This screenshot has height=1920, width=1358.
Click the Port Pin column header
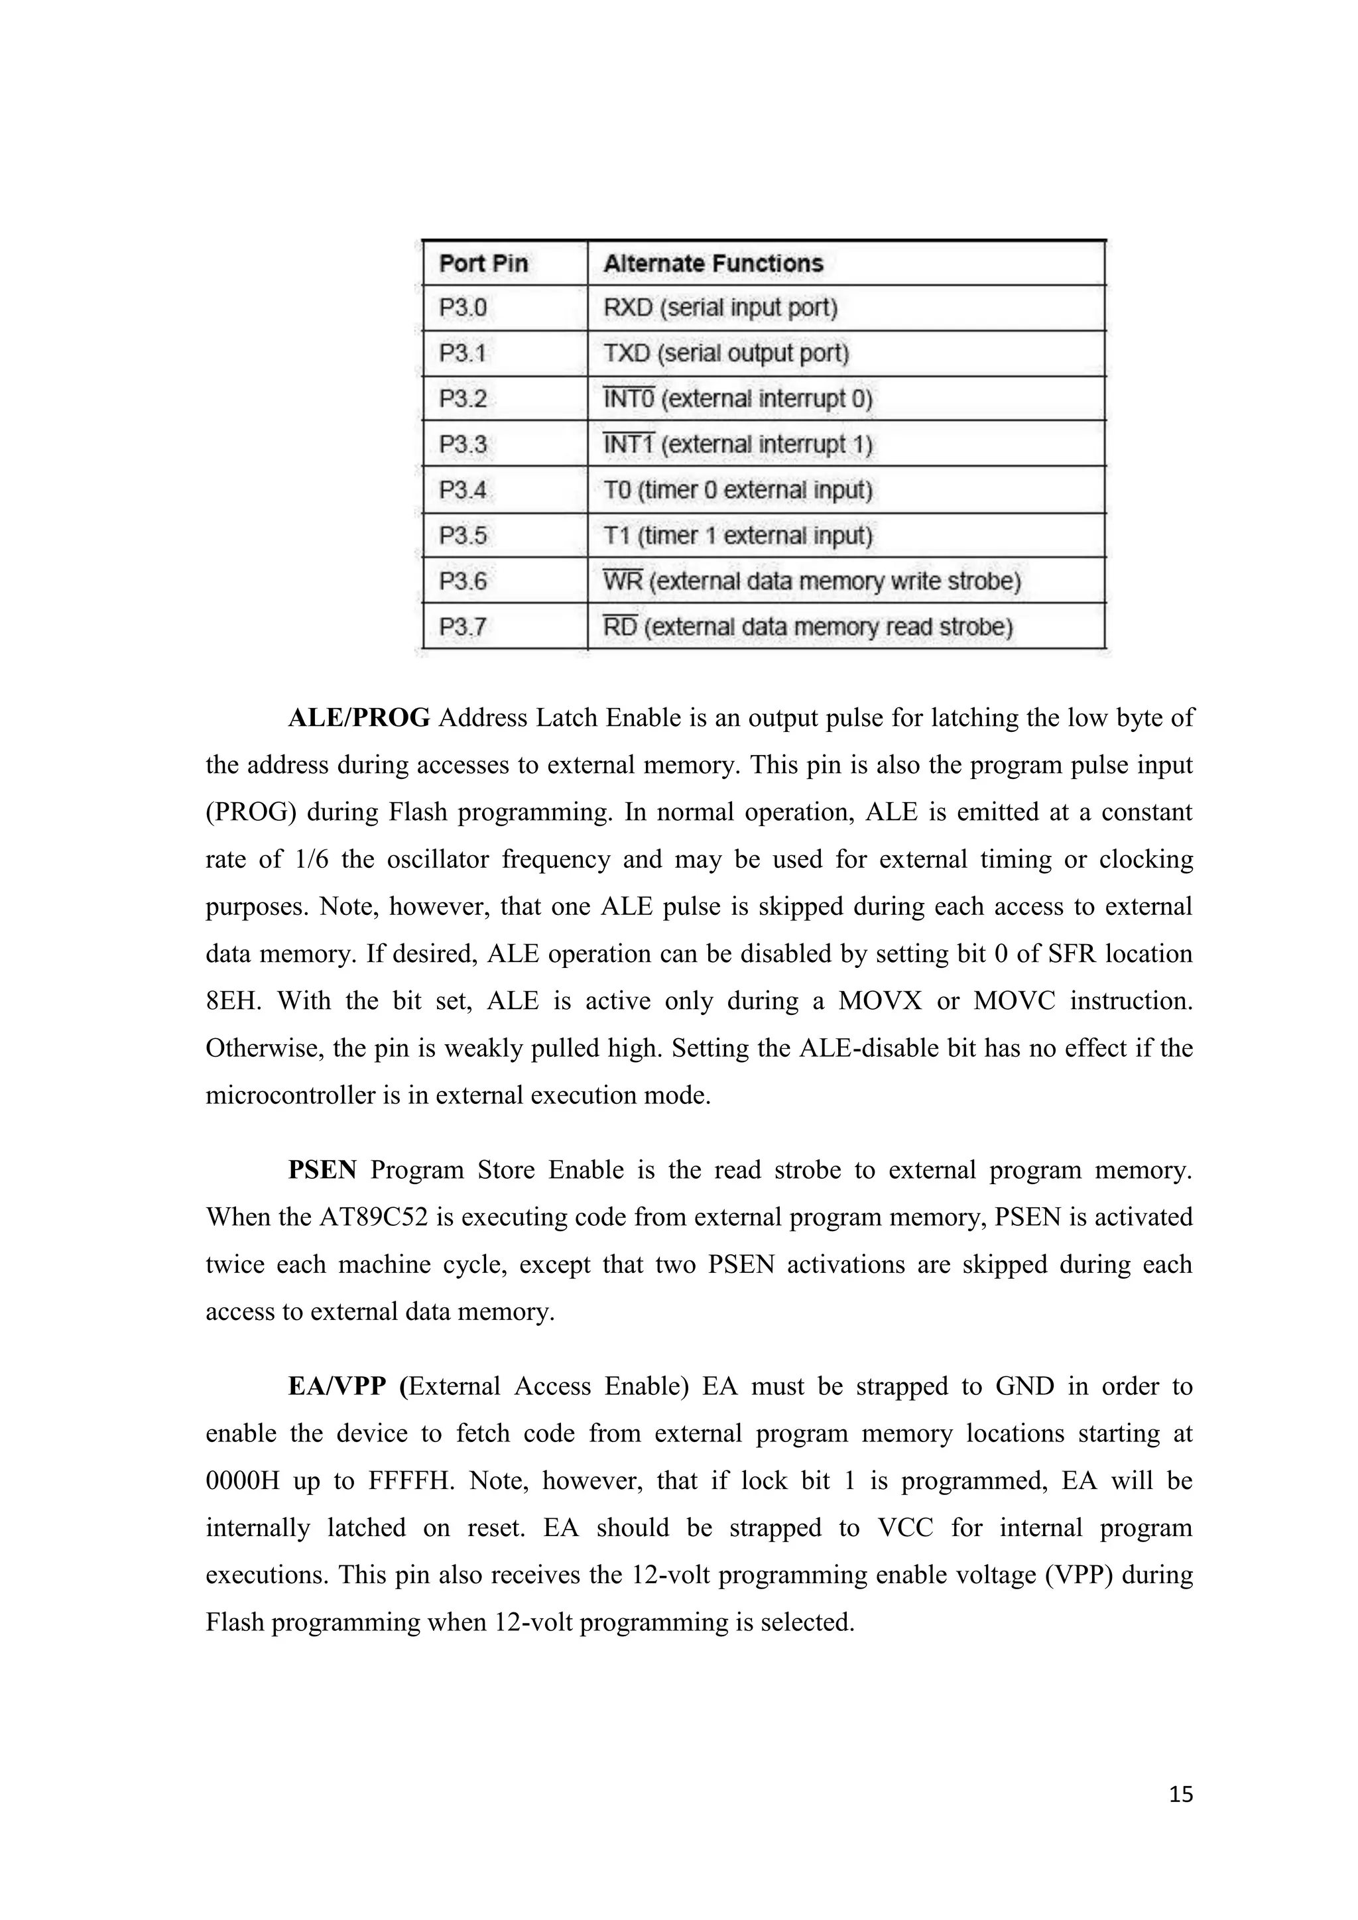pyautogui.click(x=483, y=263)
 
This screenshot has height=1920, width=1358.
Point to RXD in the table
pyautogui.click(x=627, y=308)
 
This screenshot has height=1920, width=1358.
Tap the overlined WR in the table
pyautogui.click(x=622, y=580)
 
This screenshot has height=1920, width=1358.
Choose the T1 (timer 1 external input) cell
pyautogui.click(x=737, y=535)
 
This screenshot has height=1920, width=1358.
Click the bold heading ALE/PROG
pyautogui.click(x=359, y=717)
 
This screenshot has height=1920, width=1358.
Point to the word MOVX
pyautogui.click(x=880, y=1000)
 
